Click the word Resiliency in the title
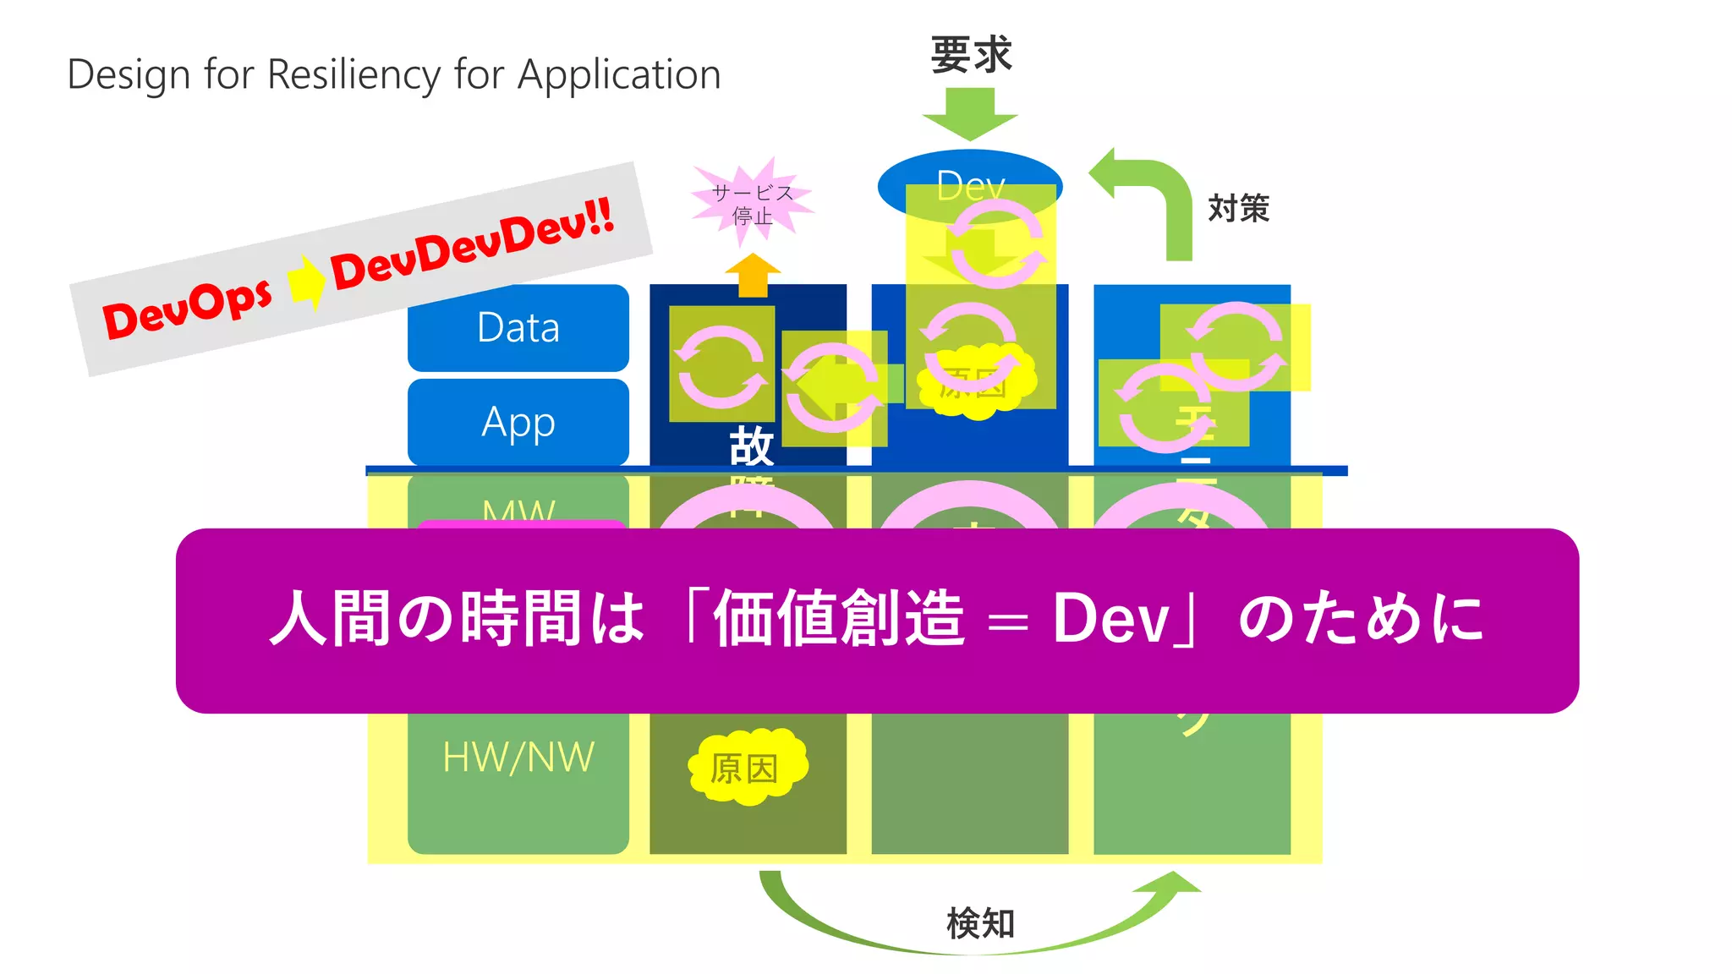tap(354, 75)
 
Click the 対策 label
tap(1238, 208)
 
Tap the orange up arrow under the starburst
tap(753, 274)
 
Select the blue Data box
tap(518, 328)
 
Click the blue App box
tap(518, 421)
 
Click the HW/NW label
tap(518, 758)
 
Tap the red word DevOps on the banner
tap(188, 309)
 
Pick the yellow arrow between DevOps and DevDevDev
tap(305, 282)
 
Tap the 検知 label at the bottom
tap(980, 923)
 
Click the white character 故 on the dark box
tap(751, 446)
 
